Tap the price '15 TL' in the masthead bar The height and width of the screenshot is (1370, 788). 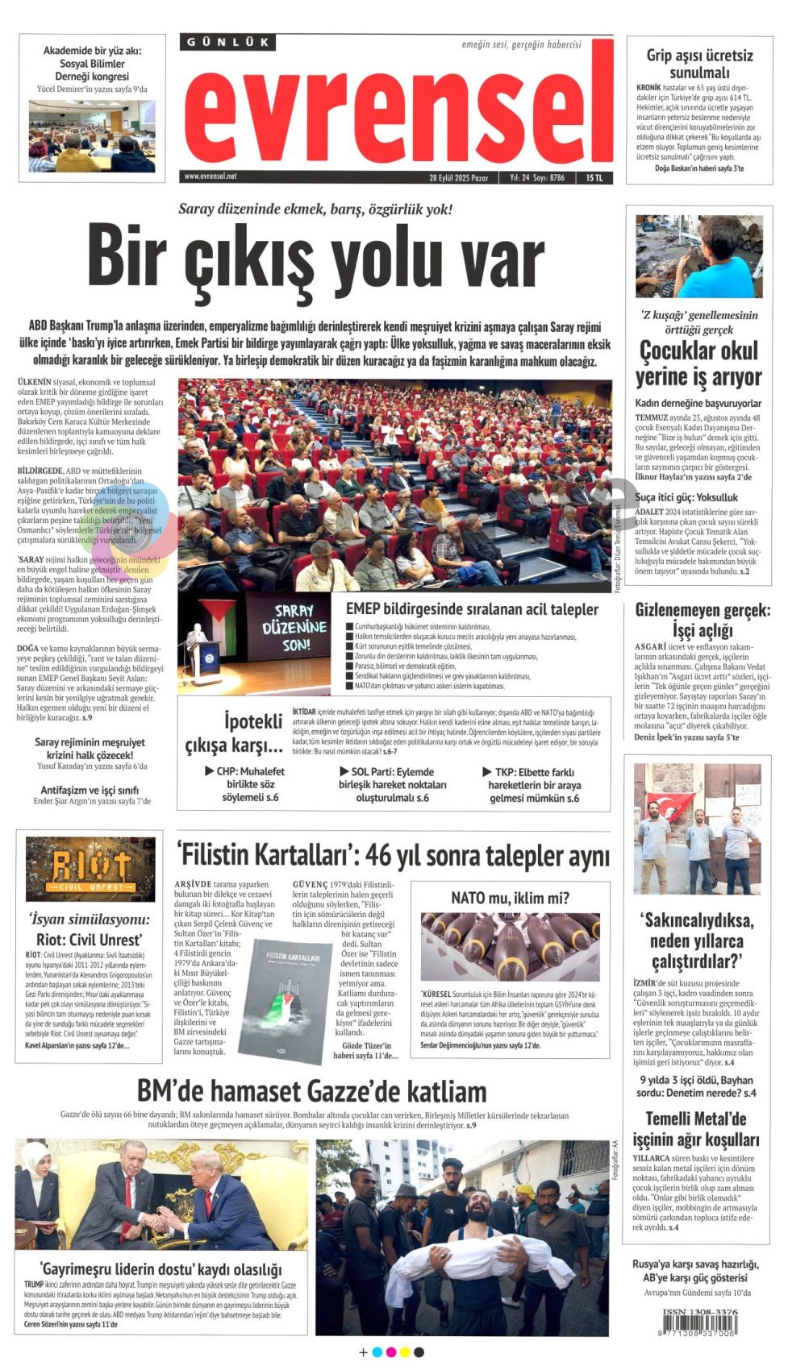tap(594, 177)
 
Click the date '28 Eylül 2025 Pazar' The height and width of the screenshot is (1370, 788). tap(458, 177)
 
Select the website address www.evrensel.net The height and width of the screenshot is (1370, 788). tap(211, 176)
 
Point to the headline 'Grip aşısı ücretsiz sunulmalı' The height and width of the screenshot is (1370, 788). tap(699, 64)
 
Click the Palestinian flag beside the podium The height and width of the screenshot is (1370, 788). tap(218, 616)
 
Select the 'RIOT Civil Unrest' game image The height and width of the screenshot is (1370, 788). tap(90, 868)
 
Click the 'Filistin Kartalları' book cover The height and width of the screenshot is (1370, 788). tap(287, 995)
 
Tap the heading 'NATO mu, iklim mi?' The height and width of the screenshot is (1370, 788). tap(510, 898)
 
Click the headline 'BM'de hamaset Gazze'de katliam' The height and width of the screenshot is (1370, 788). tap(311, 1091)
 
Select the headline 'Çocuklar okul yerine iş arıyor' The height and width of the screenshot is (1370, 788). tap(698, 363)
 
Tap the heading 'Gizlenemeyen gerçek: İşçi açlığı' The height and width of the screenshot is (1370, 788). tap(702, 620)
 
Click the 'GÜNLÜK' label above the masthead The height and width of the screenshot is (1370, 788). tap(227, 43)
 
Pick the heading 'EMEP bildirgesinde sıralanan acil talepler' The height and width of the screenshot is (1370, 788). tap(472, 609)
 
